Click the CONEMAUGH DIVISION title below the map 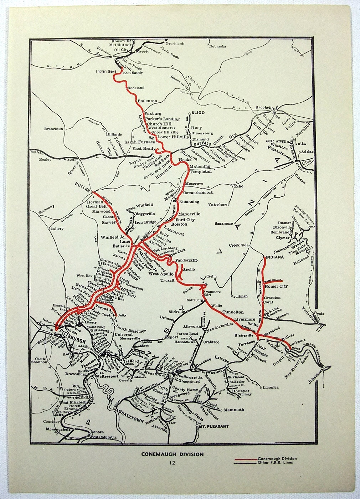[172, 454]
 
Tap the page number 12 [173, 463]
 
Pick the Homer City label [277, 286]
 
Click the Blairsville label [246, 335]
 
